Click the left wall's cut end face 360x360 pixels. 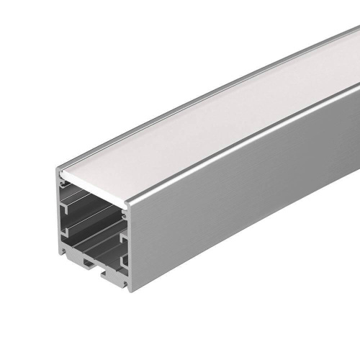point(58,216)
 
